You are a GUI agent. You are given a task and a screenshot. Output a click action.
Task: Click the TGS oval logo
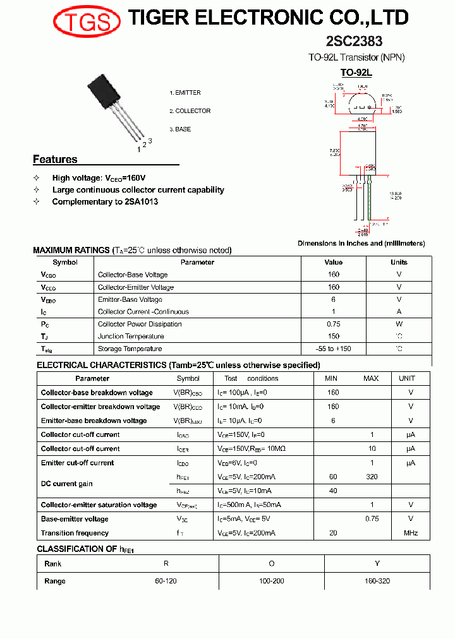[x=87, y=22]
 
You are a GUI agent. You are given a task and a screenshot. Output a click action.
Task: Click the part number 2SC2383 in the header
[x=354, y=42]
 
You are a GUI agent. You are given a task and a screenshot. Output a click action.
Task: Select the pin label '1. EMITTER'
[x=185, y=93]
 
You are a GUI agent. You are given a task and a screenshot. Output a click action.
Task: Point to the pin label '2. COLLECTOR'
[x=190, y=111]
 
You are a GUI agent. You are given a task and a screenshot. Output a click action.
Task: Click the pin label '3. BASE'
[x=180, y=129]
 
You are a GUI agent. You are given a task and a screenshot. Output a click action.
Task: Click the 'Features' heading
[x=55, y=159]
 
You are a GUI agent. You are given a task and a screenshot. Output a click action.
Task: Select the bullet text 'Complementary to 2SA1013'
[x=105, y=202]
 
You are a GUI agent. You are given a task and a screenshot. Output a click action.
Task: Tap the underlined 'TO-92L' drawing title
[x=356, y=73]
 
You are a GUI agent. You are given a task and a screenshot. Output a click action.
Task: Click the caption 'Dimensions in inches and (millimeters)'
[x=361, y=243]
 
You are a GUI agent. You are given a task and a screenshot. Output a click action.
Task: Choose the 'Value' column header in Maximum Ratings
[x=333, y=262]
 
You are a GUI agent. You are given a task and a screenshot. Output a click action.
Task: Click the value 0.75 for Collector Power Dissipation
[x=333, y=324]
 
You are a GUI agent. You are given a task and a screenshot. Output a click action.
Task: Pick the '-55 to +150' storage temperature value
[x=333, y=349]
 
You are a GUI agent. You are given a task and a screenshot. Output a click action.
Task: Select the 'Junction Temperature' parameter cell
[x=130, y=337]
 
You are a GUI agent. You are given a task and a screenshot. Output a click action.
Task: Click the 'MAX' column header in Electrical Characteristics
[x=371, y=378]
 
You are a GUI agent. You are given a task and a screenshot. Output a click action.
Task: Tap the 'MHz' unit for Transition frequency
[x=411, y=533]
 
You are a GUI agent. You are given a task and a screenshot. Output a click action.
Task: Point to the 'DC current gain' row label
[x=66, y=484]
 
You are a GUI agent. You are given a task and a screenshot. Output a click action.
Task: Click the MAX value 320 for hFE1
[x=372, y=477]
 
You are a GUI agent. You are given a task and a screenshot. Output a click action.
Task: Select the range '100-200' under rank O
[x=271, y=581]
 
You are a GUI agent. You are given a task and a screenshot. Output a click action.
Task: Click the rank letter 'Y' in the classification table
[x=377, y=564]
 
